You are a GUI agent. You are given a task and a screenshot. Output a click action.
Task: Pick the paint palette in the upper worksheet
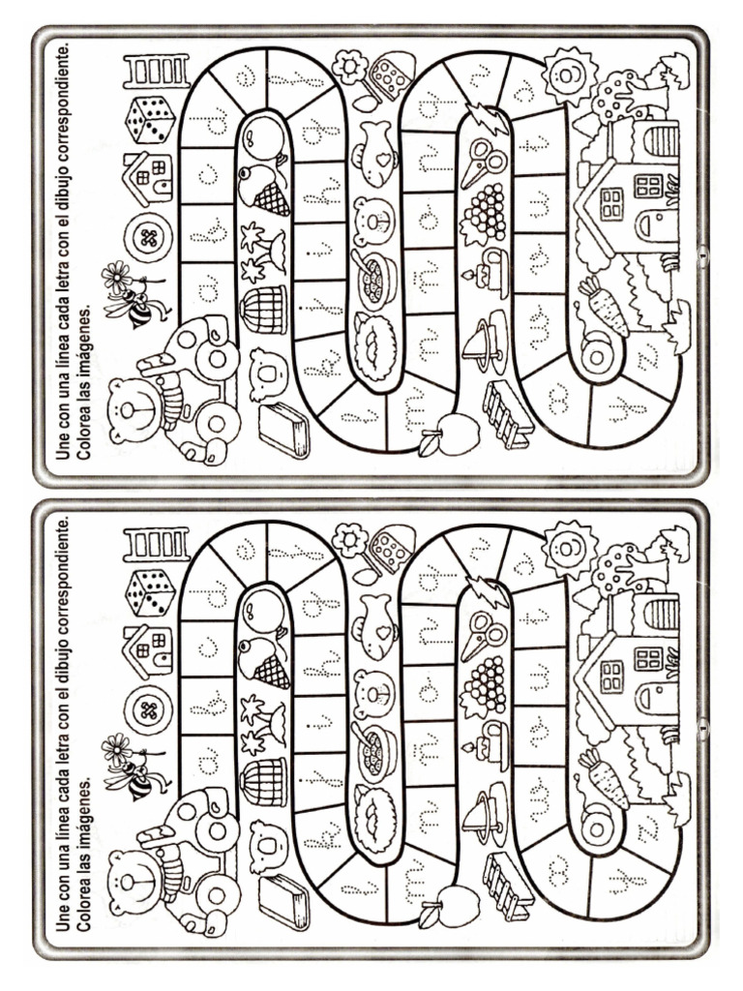(392, 74)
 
